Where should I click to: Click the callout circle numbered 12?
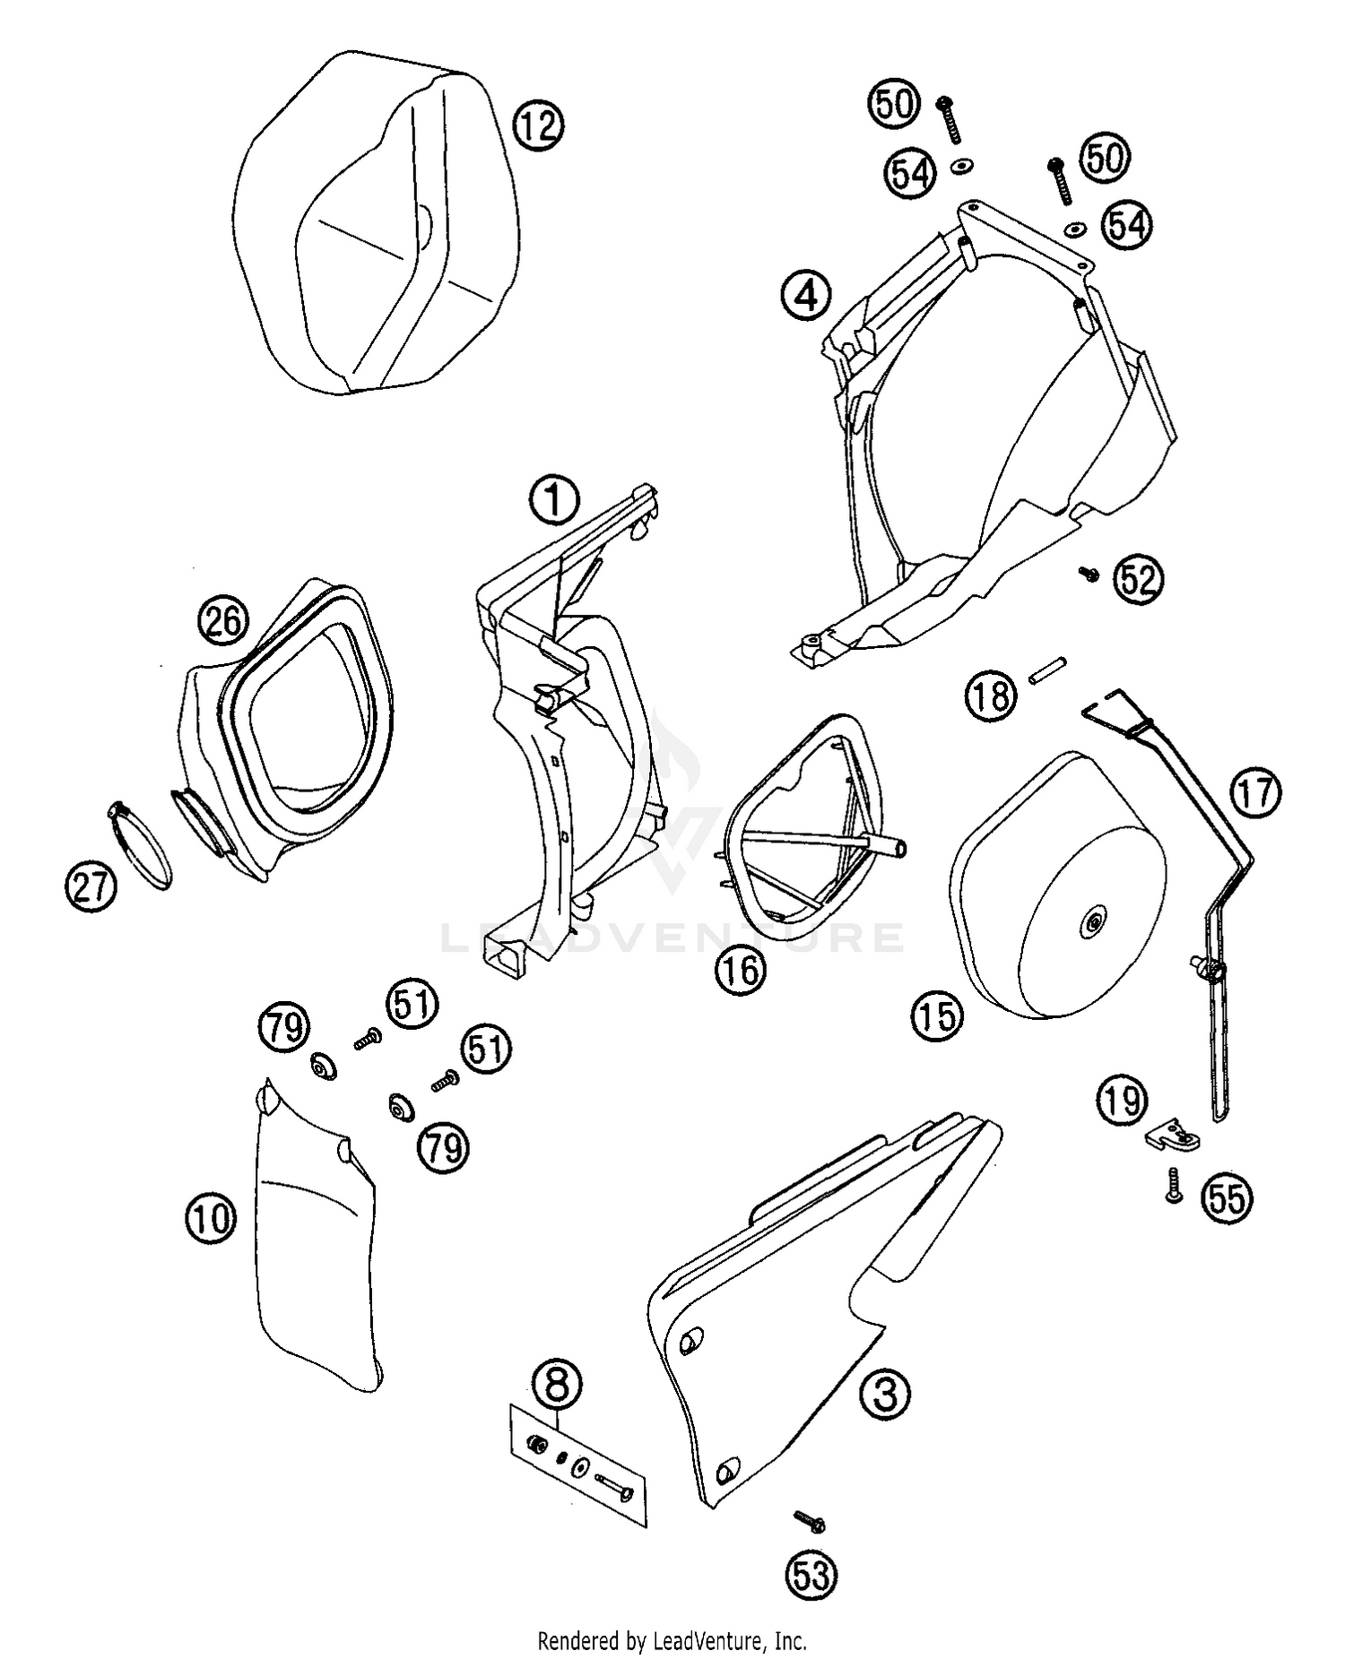pyautogui.click(x=538, y=125)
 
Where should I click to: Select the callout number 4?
pyautogui.click(x=806, y=295)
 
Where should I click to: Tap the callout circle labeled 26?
pyautogui.click(x=224, y=621)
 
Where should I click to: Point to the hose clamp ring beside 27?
pyautogui.click(x=141, y=844)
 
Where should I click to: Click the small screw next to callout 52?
pyautogui.click(x=1089, y=574)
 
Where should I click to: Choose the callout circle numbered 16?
pyautogui.click(x=741, y=970)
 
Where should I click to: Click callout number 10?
pyautogui.click(x=211, y=1218)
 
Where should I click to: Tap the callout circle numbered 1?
pyautogui.click(x=554, y=500)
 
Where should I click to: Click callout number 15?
pyautogui.click(x=937, y=1016)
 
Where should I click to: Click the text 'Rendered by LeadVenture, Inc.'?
pyautogui.click(x=672, y=1641)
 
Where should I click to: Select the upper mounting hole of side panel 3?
pyautogui.click(x=690, y=1342)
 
